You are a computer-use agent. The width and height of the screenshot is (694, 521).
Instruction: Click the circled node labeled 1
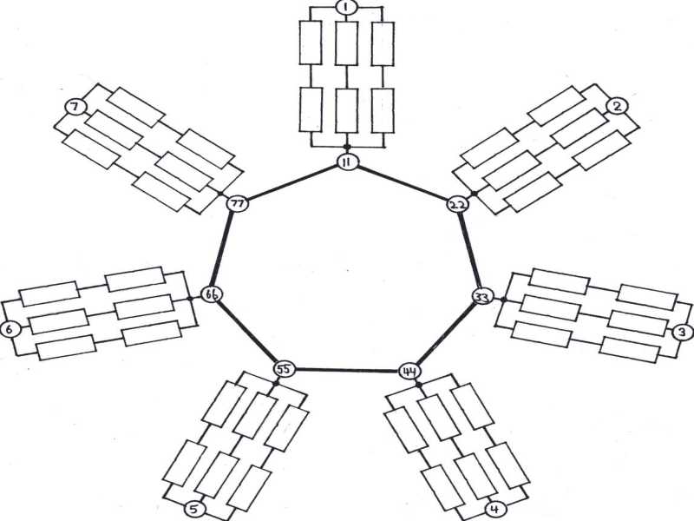346,8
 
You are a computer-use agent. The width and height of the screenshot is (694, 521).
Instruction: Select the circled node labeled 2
616,106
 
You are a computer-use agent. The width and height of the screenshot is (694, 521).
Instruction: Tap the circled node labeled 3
683,332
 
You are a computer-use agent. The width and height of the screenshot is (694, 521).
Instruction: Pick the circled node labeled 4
494,509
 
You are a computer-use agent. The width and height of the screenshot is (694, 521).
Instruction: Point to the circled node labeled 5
197,509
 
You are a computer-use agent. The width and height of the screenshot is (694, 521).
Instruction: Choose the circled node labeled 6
10,330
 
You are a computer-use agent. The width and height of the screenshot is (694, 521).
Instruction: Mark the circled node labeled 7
75,107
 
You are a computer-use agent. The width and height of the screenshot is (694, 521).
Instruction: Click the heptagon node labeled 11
347,162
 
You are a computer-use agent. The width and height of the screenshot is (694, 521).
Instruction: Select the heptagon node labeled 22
458,205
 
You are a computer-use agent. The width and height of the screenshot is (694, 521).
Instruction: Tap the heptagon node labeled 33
482,297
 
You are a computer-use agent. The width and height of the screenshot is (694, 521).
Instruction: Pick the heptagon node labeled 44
409,371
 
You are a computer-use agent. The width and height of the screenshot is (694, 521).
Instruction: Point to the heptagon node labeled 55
283,369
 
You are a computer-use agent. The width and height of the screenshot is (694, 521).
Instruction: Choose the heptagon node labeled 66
212,295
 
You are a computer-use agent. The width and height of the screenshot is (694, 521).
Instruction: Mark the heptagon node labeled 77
236,204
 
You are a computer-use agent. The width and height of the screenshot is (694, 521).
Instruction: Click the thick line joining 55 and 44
346,370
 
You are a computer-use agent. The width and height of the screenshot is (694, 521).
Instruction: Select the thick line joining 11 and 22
403,183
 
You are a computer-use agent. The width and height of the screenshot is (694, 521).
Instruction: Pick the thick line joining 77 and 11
291,182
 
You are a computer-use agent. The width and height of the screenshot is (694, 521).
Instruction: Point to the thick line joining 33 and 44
446,334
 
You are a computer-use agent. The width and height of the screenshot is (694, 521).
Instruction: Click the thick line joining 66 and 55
247,333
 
